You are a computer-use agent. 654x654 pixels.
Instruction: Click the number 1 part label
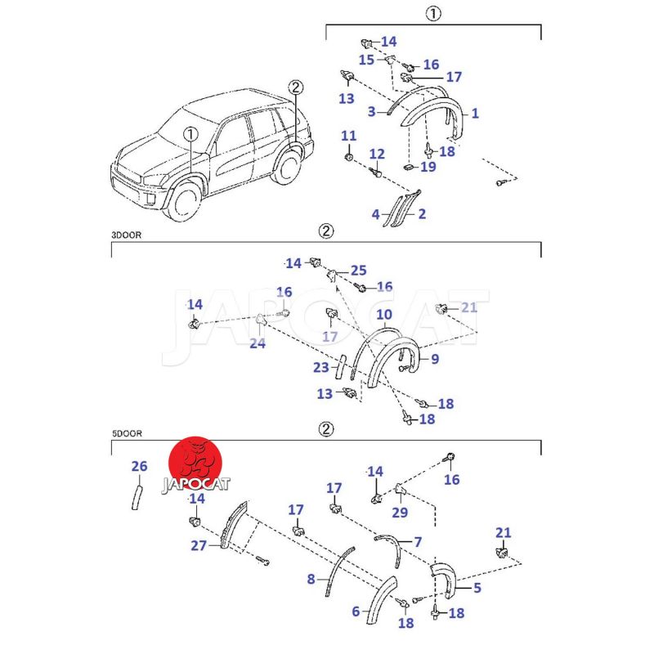click(x=475, y=114)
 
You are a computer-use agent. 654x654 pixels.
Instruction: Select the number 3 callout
click(x=371, y=111)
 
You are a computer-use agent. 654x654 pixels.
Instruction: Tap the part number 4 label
click(x=376, y=214)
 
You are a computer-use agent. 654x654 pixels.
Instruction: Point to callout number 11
click(x=349, y=136)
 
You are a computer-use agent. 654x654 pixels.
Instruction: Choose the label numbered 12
click(x=377, y=154)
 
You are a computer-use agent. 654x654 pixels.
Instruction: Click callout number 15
click(x=366, y=60)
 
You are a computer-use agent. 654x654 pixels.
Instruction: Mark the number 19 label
click(x=428, y=167)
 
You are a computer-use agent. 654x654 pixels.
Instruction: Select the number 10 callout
click(x=384, y=314)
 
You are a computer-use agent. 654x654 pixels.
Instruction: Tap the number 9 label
click(x=435, y=359)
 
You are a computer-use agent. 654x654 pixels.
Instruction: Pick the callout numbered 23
click(x=320, y=368)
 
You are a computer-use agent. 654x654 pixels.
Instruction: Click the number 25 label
click(x=359, y=270)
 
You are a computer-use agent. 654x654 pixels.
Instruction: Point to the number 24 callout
click(x=258, y=343)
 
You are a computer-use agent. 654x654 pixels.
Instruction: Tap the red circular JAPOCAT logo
click(x=196, y=466)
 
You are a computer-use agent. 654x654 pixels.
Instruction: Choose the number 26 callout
click(x=139, y=467)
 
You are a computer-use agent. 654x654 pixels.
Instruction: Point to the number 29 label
click(x=400, y=513)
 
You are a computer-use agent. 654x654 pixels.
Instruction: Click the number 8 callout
click(x=311, y=580)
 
